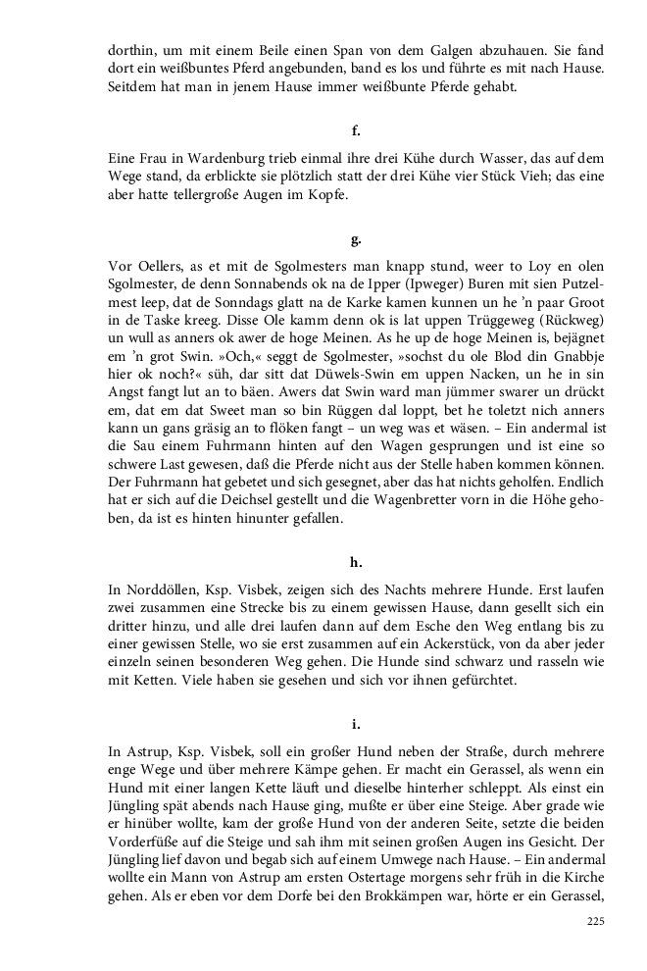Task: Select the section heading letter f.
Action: pyautogui.click(x=356, y=129)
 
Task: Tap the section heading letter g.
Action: pyautogui.click(x=356, y=239)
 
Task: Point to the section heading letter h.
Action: pyautogui.click(x=356, y=562)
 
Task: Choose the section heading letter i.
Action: pyautogui.click(x=356, y=724)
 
